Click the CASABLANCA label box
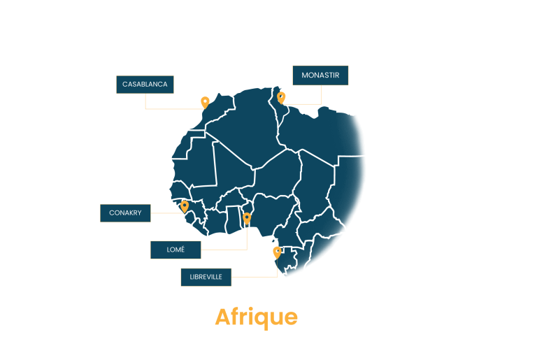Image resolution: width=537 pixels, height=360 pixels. pyautogui.click(x=145, y=85)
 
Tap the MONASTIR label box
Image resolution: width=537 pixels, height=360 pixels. pyautogui.click(x=320, y=75)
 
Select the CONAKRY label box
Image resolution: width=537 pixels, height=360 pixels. pyautogui.click(x=125, y=213)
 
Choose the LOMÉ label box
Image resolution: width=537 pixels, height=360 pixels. pyautogui.click(x=176, y=250)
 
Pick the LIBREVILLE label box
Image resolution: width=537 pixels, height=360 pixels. pyautogui.click(x=206, y=277)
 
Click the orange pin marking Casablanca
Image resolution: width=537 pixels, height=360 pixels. pyautogui.click(x=205, y=103)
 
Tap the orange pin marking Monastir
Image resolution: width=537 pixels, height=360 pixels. pyautogui.click(x=281, y=98)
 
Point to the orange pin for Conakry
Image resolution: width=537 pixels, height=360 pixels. pyautogui.click(x=185, y=207)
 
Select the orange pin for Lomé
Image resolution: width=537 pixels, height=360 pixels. pyautogui.click(x=247, y=219)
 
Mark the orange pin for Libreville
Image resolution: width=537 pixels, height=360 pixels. pyautogui.click(x=277, y=253)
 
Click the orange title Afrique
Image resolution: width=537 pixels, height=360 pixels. pyautogui.click(x=256, y=317)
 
